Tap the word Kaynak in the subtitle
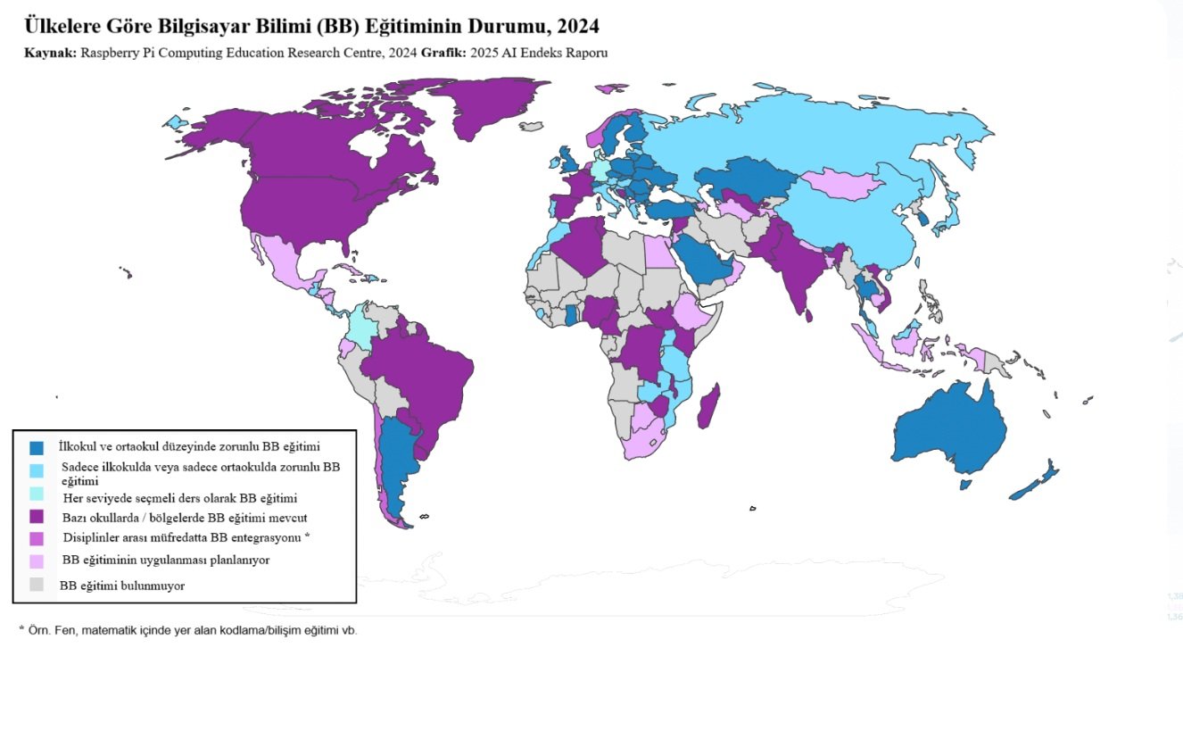coord(50,53)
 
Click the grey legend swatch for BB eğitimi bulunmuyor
coord(37,586)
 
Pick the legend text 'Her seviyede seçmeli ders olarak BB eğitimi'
coord(179,498)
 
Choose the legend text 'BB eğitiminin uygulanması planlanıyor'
coord(166,561)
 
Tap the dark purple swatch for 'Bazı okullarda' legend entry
coord(37,517)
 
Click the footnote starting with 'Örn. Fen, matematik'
coord(187,630)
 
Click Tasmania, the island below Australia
coord(965,485)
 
